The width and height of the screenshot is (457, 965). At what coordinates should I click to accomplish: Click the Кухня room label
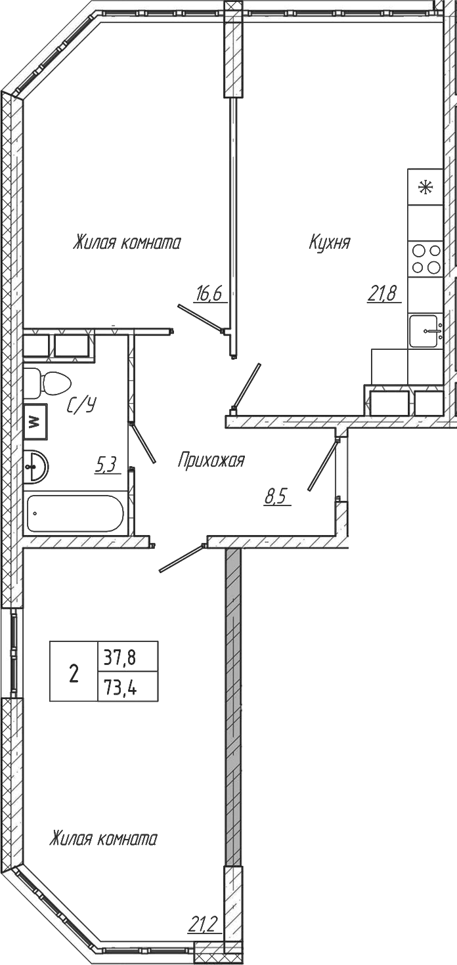(330, 243)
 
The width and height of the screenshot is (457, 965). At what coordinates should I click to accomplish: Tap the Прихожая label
(211, 461)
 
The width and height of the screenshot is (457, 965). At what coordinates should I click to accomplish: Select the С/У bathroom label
(82, 406)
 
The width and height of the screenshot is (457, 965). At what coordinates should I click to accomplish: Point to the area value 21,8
(382, 293)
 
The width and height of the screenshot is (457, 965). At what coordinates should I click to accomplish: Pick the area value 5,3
(106, 465)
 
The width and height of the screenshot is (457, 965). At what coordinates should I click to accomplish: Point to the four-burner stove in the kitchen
(425, 259)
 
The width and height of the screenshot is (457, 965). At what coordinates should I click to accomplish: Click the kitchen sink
(425, 331)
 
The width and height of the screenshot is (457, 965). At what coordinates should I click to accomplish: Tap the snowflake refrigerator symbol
(425, 187)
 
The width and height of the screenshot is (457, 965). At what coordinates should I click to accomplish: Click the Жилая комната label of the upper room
(127, 243)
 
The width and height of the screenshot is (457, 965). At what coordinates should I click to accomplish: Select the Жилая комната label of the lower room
(104, 839)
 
